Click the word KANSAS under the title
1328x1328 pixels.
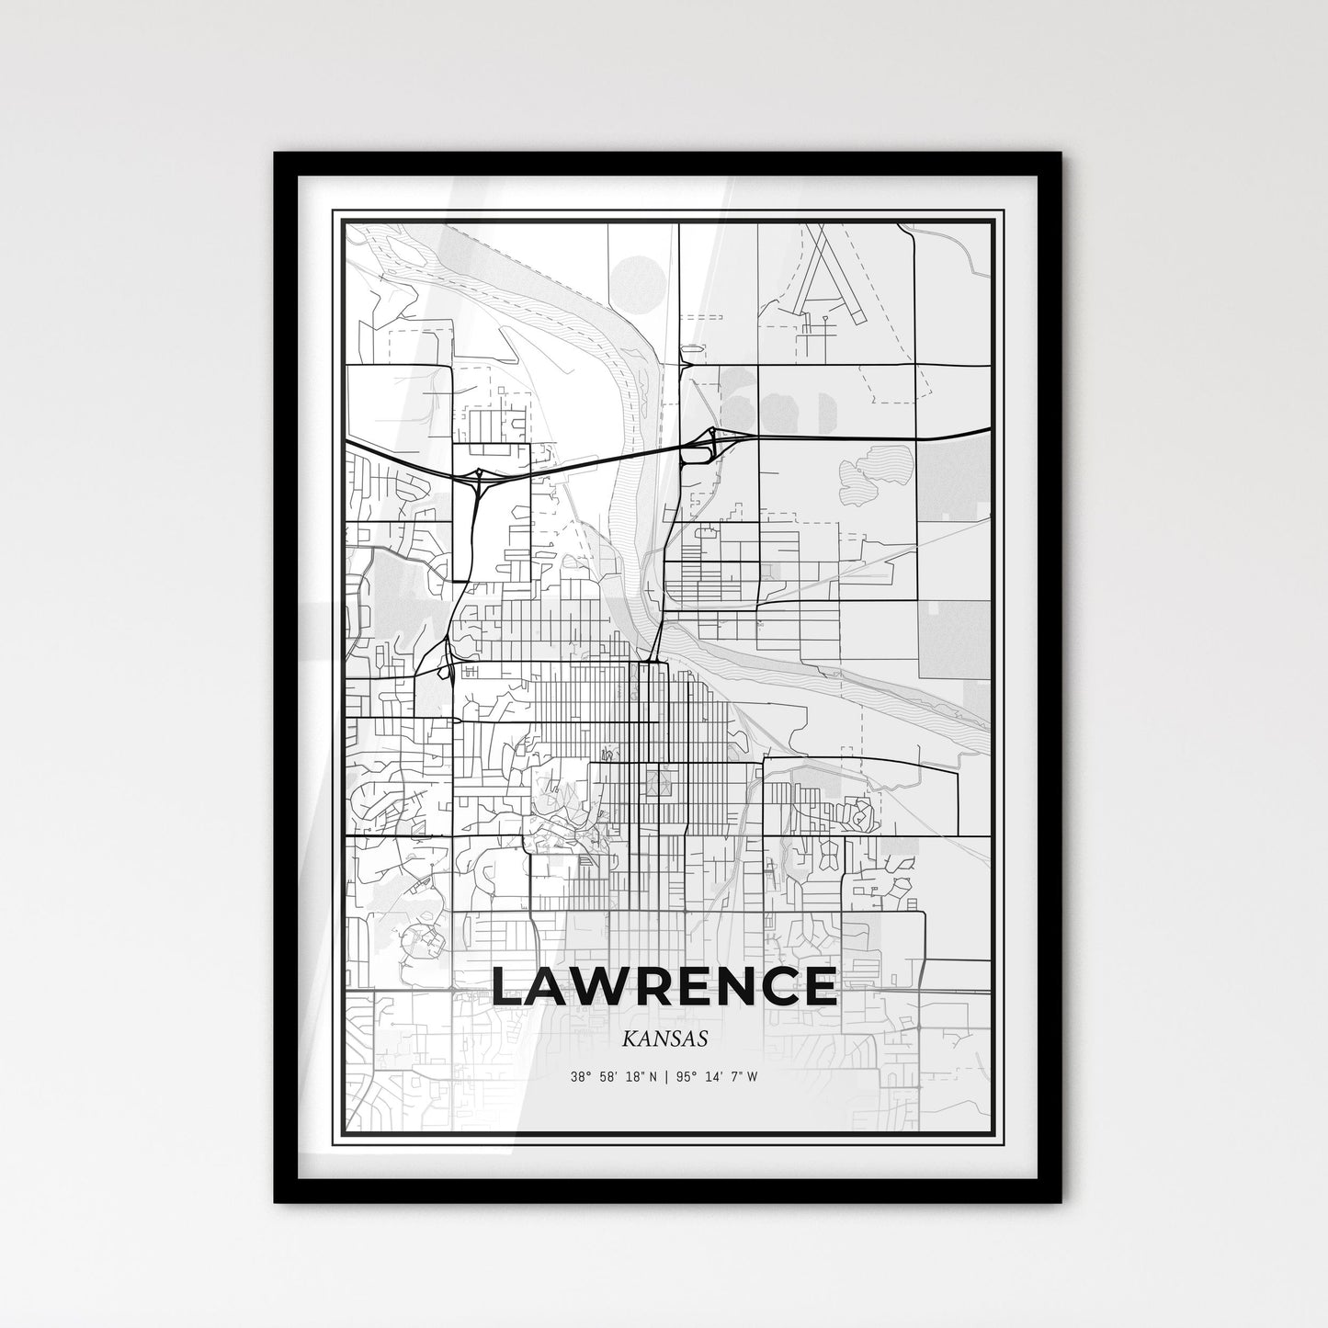coord(664,1039)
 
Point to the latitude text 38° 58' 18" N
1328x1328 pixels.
coord(613,1077)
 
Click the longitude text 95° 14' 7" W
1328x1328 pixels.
coord(718,1077)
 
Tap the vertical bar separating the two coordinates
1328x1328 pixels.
coord(665,1077)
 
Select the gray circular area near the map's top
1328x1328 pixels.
coord(637,278)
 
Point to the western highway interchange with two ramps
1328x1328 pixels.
coord(479,477)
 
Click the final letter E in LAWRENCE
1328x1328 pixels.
coord(816,986)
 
